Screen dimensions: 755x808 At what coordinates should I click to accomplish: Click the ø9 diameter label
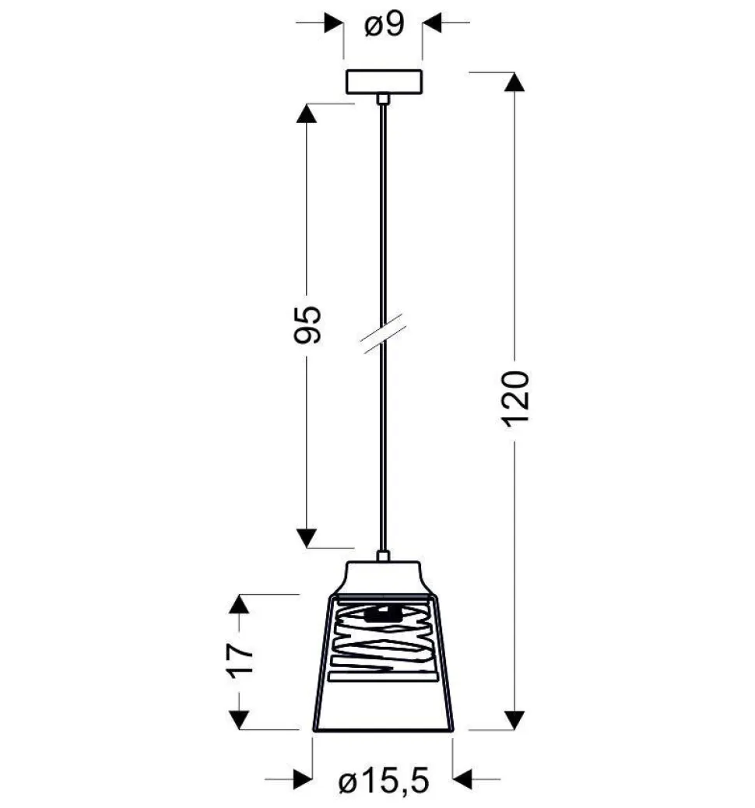point(385,24)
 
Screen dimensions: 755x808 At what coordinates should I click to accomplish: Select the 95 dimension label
point(307,325)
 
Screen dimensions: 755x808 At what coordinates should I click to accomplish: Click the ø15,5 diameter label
point(384,782)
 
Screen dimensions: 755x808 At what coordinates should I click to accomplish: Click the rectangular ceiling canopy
point(384,82)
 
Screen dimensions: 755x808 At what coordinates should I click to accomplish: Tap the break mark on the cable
point(382,333)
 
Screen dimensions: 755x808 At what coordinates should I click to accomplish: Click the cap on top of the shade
point(384,577)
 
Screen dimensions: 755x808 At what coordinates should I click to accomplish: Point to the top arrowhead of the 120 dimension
point(514,83)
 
